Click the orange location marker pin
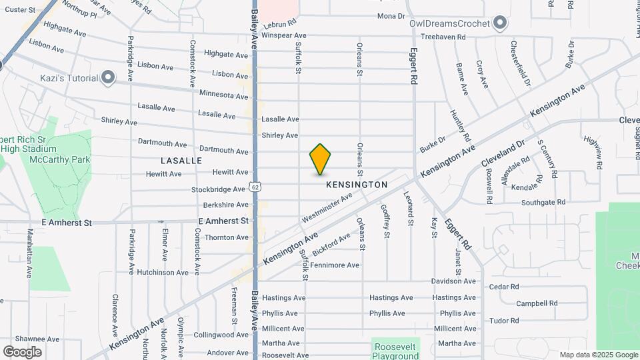coord(320,159)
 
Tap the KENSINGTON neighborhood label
coord(357,184)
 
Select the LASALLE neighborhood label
coord(181,161)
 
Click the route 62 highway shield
coord(255,187)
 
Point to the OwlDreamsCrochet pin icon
coord(501,24)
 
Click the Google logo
coord(22,352)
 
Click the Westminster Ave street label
coord(327,208)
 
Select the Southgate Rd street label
coord(543,202)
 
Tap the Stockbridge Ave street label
coord(219,189)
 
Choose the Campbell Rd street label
coord(537,303)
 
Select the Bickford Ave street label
coord(331,243)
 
